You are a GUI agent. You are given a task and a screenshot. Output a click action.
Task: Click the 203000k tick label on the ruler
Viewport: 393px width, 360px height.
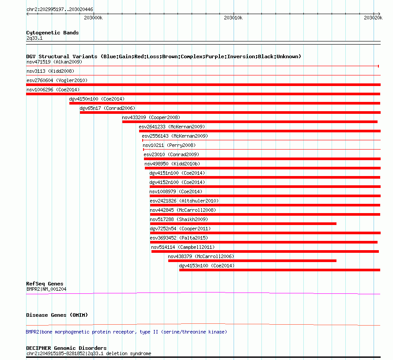(x=93, y=18)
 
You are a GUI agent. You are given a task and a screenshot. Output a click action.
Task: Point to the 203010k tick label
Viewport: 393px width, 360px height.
(x=233, y=18)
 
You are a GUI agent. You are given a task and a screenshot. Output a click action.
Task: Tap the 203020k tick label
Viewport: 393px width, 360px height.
(x=373, y=18)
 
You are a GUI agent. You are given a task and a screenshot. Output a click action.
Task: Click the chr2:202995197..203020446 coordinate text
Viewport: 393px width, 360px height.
(x=60, y=10)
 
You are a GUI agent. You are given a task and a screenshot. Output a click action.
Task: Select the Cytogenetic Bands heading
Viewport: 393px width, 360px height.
(x=53, y=33)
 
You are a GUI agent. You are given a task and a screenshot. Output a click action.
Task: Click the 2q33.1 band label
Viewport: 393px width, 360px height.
(x=34, y=38)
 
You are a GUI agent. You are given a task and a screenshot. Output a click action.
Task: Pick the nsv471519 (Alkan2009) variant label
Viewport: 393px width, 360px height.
(x=54, y=62)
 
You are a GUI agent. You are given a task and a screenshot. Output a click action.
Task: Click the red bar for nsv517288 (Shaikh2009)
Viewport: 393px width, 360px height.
(x=243, y=224)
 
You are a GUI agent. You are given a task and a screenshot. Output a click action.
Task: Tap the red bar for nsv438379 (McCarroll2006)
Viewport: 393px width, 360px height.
(x=252, y=261)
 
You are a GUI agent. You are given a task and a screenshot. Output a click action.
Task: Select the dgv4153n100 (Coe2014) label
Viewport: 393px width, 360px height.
(x=207, y=266)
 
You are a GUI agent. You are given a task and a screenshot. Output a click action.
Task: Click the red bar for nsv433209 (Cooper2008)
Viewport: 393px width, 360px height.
(x=250, y=122)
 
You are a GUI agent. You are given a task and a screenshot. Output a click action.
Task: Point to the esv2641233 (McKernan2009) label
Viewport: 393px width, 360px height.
(x=172, y=127)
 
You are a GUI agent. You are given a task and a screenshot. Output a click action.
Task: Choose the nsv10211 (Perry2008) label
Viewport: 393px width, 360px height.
(x=169, y=145)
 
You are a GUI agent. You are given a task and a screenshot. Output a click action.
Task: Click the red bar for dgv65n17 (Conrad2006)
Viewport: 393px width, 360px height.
(x=230, y=112)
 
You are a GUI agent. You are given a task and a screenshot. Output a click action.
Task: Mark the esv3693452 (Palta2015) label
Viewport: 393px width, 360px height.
(x=179, y=238)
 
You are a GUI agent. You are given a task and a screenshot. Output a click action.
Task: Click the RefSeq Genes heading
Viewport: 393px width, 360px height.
(x=45, y=284)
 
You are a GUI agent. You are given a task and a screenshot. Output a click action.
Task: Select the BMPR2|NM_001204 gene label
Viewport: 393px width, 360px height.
(x=46, y=289)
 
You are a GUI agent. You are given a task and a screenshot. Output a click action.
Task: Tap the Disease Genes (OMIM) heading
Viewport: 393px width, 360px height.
(x=57, y=315)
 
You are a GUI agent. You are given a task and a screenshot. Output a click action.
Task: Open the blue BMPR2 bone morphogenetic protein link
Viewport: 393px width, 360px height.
(x=126, y=332)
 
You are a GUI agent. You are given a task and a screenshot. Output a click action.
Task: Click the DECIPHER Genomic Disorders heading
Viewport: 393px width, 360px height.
(x=66, y=348)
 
